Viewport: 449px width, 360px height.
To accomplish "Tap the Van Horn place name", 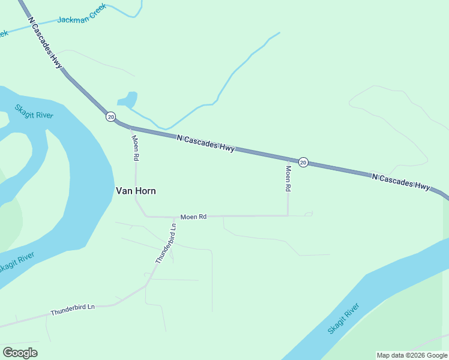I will pos(136,191).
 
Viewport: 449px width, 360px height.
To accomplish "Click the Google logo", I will pos(20,353).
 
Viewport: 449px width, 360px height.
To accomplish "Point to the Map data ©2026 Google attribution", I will pos(412,355).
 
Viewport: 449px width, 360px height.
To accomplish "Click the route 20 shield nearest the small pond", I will pos(110,116).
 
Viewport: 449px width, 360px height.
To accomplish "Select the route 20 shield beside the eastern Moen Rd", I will pos(303,162).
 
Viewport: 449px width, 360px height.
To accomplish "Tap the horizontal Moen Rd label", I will pos(193,216).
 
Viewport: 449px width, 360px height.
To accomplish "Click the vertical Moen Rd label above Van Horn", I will pos(136,148).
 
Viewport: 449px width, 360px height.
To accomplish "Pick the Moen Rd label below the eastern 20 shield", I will pos(288,178).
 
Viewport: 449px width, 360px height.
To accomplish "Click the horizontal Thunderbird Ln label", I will pos(73,311).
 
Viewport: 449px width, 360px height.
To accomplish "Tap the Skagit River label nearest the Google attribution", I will pos(344,319).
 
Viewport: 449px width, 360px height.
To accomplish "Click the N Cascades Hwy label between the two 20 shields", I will pos(206,144).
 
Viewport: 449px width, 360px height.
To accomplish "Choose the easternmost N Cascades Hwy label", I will pos(400,181).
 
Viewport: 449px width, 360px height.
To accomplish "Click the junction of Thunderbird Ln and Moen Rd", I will pos(176,217).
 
